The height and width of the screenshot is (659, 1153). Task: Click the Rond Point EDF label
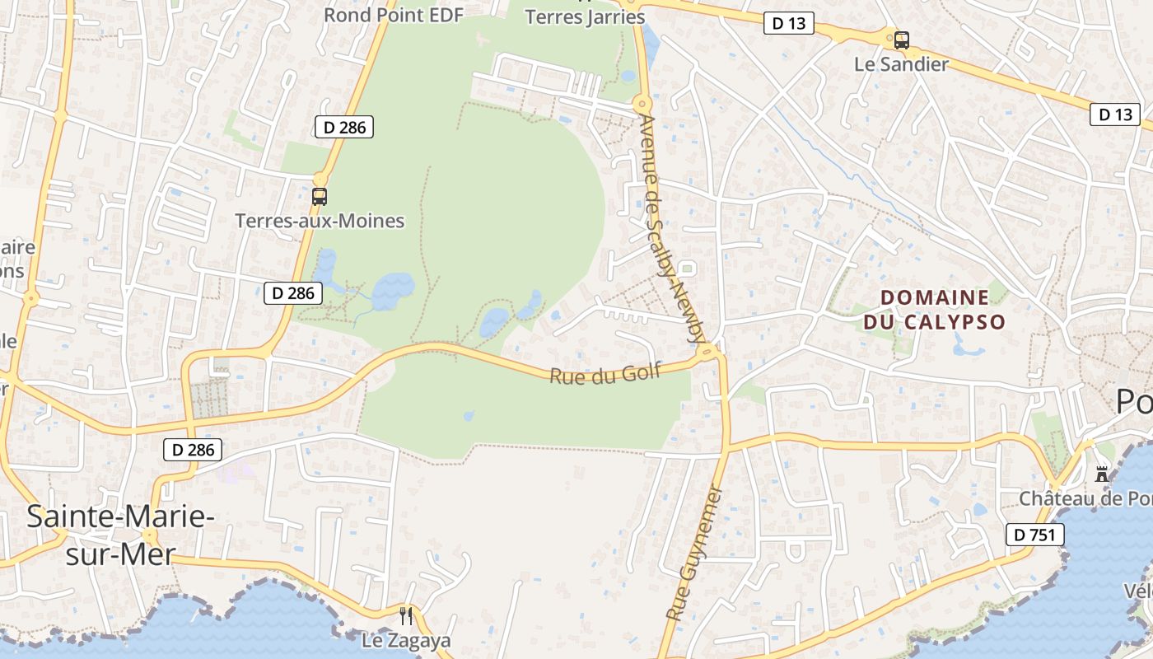pos(394,15)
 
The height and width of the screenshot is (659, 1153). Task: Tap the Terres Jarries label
pos(585,16)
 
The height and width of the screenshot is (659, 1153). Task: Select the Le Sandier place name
pos(902,64)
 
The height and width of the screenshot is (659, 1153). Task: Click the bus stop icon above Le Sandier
pos(902,40)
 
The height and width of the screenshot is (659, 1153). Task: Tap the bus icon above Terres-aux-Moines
pos(320,197)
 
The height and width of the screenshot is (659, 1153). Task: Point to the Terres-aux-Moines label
pos(320,221)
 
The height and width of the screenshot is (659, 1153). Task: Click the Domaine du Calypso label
pos(935,309)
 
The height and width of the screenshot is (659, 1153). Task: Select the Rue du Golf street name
pos(605,375)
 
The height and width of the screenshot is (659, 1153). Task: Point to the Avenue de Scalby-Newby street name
pos(672,229)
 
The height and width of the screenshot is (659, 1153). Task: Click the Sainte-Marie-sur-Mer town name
pos(120,535)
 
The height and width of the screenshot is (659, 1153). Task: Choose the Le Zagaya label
pos(406,641)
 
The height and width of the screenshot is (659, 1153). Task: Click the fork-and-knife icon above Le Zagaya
pos(406,615)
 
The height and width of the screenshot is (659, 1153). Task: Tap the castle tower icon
pos(1102,474)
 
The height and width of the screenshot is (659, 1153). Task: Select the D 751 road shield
pos(1034,535)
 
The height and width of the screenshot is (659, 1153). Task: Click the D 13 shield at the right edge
pos(1115,115)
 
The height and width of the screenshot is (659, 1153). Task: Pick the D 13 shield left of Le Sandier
pos(788,24)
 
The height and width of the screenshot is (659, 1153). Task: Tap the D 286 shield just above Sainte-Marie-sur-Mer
pos(193,450)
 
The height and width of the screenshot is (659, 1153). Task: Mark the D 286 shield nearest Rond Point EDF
pos(344,127)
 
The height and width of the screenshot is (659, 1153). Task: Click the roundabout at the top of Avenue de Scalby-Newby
pos(642,104)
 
